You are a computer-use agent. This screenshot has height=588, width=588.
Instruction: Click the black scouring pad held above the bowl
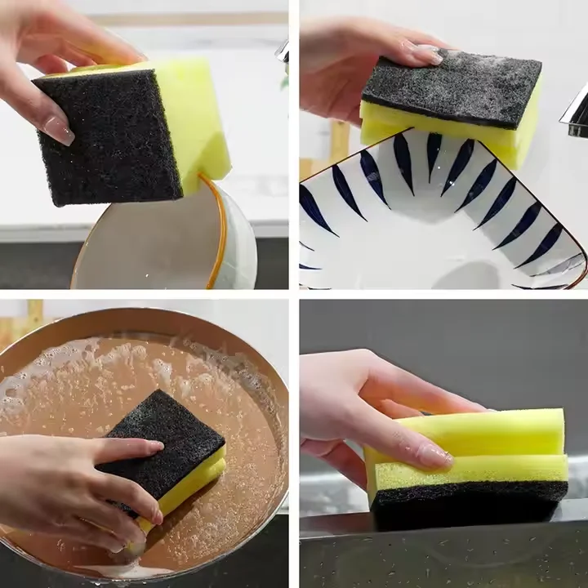click(110, 139)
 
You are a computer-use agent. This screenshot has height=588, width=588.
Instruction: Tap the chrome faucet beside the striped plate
click(575, 114)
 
